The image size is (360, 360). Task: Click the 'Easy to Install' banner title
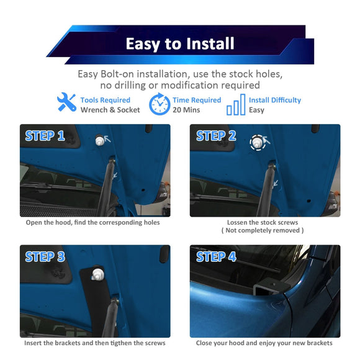pyautogui.click(x=180, y=43)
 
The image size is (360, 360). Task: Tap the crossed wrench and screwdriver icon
pyautogui.click(x=66, y=102)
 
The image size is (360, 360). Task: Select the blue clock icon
pyautogui.click(x=160, y=104)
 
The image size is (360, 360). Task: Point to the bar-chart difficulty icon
pyautogui.click(x=236, y=104)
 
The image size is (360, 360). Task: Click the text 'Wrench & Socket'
pyautogui.click(x=110, y=110)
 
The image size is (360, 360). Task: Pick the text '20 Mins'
pyautogui.click(x=186, y=110)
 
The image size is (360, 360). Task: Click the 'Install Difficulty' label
pyautogui.click(x=275, y=100)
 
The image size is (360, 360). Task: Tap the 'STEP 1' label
pyautogui.click(x=45, y=136)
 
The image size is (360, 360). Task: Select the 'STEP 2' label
pyautogui.click(x=216, y=136)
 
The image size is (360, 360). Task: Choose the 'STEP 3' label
pyautogui.click(x=45, y=256)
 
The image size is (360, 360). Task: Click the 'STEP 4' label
pyautogui.click(x=216, y=256)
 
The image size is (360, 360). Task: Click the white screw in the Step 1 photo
pyautogui.click(x=100, y=140)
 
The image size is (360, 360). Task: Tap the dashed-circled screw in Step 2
pyautogui.click(x=258, y=142)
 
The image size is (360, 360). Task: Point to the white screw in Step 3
pyautogui.click(x=97, y=274)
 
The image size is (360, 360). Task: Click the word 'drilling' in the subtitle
pyautogui.click(x=130, y=86)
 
